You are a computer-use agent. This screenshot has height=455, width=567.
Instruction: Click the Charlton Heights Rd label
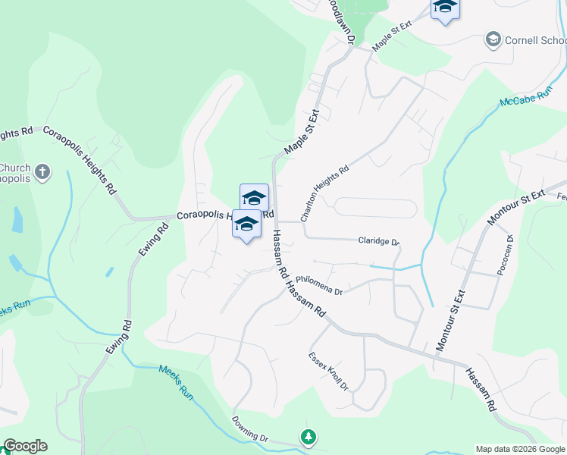click(324, 193)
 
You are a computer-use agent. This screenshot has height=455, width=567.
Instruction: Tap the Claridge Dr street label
click(378, 241)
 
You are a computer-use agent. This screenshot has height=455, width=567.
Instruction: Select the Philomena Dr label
click(319, 284)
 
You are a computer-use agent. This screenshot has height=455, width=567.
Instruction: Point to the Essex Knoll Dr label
click(328, 372)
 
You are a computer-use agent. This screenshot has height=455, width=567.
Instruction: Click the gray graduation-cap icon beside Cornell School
click(493, 39)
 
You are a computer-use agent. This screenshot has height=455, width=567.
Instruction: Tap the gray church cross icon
click(42, 172)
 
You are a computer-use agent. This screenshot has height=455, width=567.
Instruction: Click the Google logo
click(24, 446)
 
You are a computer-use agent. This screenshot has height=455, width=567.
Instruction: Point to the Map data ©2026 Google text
click(519, 449)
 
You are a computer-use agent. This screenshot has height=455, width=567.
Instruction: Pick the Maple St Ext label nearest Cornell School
click(391, 35)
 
